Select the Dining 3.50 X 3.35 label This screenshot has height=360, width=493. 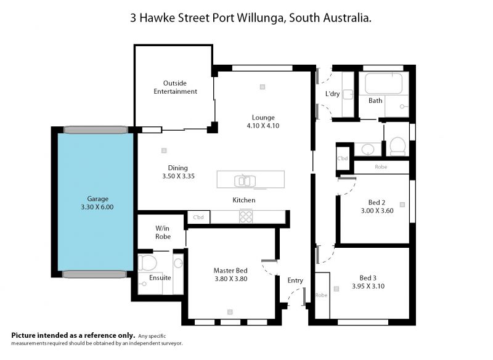[x=178, y=172]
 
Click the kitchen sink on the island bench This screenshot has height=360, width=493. [x=245, y=181]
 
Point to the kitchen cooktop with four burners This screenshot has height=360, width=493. [x=246, y=216]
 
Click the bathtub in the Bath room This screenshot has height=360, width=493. [x=383, y=83]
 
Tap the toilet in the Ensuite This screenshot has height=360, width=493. [x=147, y=263]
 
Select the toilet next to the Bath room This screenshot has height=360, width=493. [x=397, y=146]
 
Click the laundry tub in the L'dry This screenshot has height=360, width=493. [x=348, y=94]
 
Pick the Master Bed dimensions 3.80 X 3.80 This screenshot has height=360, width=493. [x=231, y=279]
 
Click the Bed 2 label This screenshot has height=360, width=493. [x=377, y=202]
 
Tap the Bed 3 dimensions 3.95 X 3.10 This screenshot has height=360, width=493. [x=368, y=286]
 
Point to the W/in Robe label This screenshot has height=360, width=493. [x=163, y=232]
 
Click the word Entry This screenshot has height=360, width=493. [x=295, y=280]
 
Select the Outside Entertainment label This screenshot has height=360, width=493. [x=175, y=88]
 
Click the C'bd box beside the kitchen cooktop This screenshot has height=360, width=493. [x=198, y=217]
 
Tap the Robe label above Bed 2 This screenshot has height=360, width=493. [x=381, y=167]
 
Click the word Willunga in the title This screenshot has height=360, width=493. [x=260, y=18]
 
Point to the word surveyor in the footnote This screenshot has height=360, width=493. [x=171, y=343]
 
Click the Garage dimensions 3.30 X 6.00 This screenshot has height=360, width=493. [x=97, y=207]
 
